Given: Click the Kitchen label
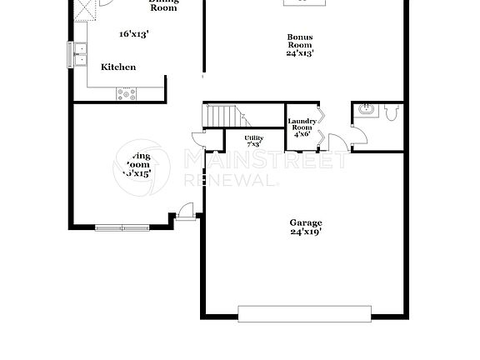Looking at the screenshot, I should point(118,67).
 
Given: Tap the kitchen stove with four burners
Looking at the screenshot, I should point(127,93).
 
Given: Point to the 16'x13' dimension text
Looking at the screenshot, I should point(133,34).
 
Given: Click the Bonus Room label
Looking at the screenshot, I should point(301,42).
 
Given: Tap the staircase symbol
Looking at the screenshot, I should point(223,116).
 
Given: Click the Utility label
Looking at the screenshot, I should point(253,137).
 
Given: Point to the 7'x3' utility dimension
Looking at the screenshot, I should point(253,144).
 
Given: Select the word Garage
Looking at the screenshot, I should point(306,222).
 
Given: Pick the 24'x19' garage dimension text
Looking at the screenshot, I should point(306,232).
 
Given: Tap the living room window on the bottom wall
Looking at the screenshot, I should point(122,227).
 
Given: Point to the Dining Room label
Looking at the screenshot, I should point(163,4).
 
